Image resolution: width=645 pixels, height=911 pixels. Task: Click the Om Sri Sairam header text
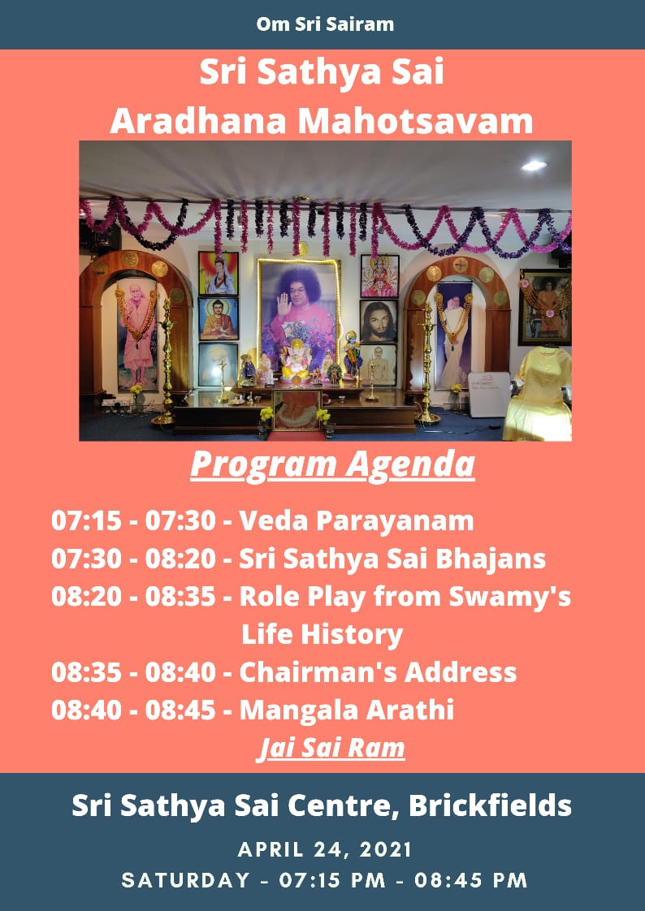[325, 24]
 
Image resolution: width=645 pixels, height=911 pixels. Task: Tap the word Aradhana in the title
[198, 122]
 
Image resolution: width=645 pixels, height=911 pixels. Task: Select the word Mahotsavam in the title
[415, 122]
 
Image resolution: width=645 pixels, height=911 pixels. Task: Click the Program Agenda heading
[332, 466]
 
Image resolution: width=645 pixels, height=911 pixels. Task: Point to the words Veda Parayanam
[356, 521]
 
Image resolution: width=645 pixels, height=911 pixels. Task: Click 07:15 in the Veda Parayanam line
[87, 520]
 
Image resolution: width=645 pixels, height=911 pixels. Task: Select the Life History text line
[322, 634]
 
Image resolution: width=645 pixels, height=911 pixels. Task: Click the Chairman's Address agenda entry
[378, 672]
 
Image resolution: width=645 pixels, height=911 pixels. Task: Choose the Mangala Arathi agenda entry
[346, 710]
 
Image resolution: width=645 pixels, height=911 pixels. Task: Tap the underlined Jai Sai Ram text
[331, 749]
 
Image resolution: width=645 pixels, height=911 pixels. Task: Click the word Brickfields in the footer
[490, 805]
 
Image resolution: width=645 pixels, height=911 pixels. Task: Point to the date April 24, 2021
[325, 850]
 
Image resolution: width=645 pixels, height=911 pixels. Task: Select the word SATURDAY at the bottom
[185, 879]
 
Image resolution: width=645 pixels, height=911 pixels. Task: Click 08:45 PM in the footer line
[470, 879]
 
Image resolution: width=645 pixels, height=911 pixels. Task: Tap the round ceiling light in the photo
[534, 166]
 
